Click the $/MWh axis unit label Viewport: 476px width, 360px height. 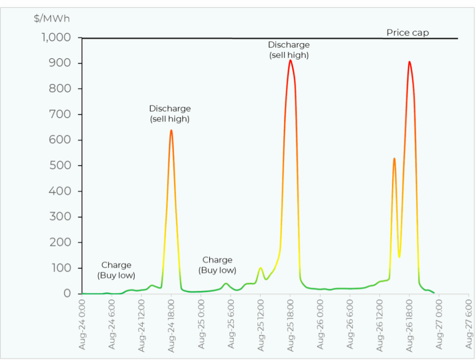point(51,19)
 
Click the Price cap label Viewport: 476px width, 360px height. point(407,33)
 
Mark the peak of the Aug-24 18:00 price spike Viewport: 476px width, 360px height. point(171,131)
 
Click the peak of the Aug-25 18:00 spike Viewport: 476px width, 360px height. point(290,60)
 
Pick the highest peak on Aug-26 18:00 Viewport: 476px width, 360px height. point(409,62)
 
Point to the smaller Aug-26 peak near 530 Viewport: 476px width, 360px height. point(394,158)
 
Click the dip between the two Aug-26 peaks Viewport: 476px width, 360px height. point(399,256)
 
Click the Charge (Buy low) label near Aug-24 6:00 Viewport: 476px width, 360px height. point(116,270)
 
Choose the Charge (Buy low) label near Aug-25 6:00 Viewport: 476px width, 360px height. point(217,265)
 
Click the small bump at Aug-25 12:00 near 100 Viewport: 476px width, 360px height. point(260,268)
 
